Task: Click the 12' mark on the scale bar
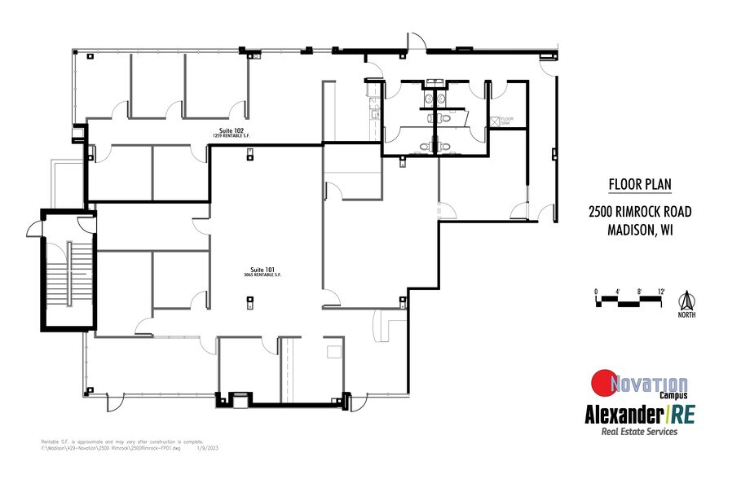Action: [662, 291]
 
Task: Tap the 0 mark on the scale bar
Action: [596, 291]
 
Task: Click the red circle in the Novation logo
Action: [604, 382]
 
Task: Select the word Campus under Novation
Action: [670, 396]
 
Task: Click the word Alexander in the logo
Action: [624, 414]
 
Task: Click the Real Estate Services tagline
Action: [638, 433]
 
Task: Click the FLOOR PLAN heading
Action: [640, 183]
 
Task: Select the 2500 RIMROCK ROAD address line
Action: [640, 212]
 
